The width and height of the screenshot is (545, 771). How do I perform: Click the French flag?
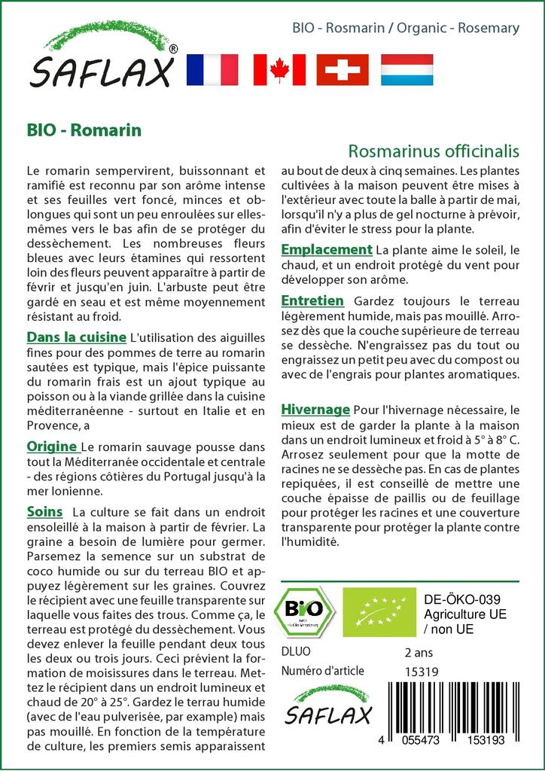coord(212,69)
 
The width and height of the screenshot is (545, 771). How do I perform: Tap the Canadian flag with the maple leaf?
coord(279,69)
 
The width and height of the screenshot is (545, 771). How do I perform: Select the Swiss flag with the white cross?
coord(343,69)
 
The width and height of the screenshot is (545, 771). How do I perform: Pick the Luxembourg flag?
coord(407,69)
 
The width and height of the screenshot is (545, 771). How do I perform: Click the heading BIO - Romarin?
coord(84,130)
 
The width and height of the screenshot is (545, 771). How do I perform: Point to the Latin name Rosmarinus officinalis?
coord(434,151)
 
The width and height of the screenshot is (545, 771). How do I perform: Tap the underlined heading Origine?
coord(51,446)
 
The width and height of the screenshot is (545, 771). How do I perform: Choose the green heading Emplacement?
coord(327,249)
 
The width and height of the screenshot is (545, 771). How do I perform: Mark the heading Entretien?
coord(312,300)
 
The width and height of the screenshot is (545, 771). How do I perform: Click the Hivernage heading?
coord(315,410)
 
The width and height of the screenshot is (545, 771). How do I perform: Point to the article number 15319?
coord(421,672)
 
